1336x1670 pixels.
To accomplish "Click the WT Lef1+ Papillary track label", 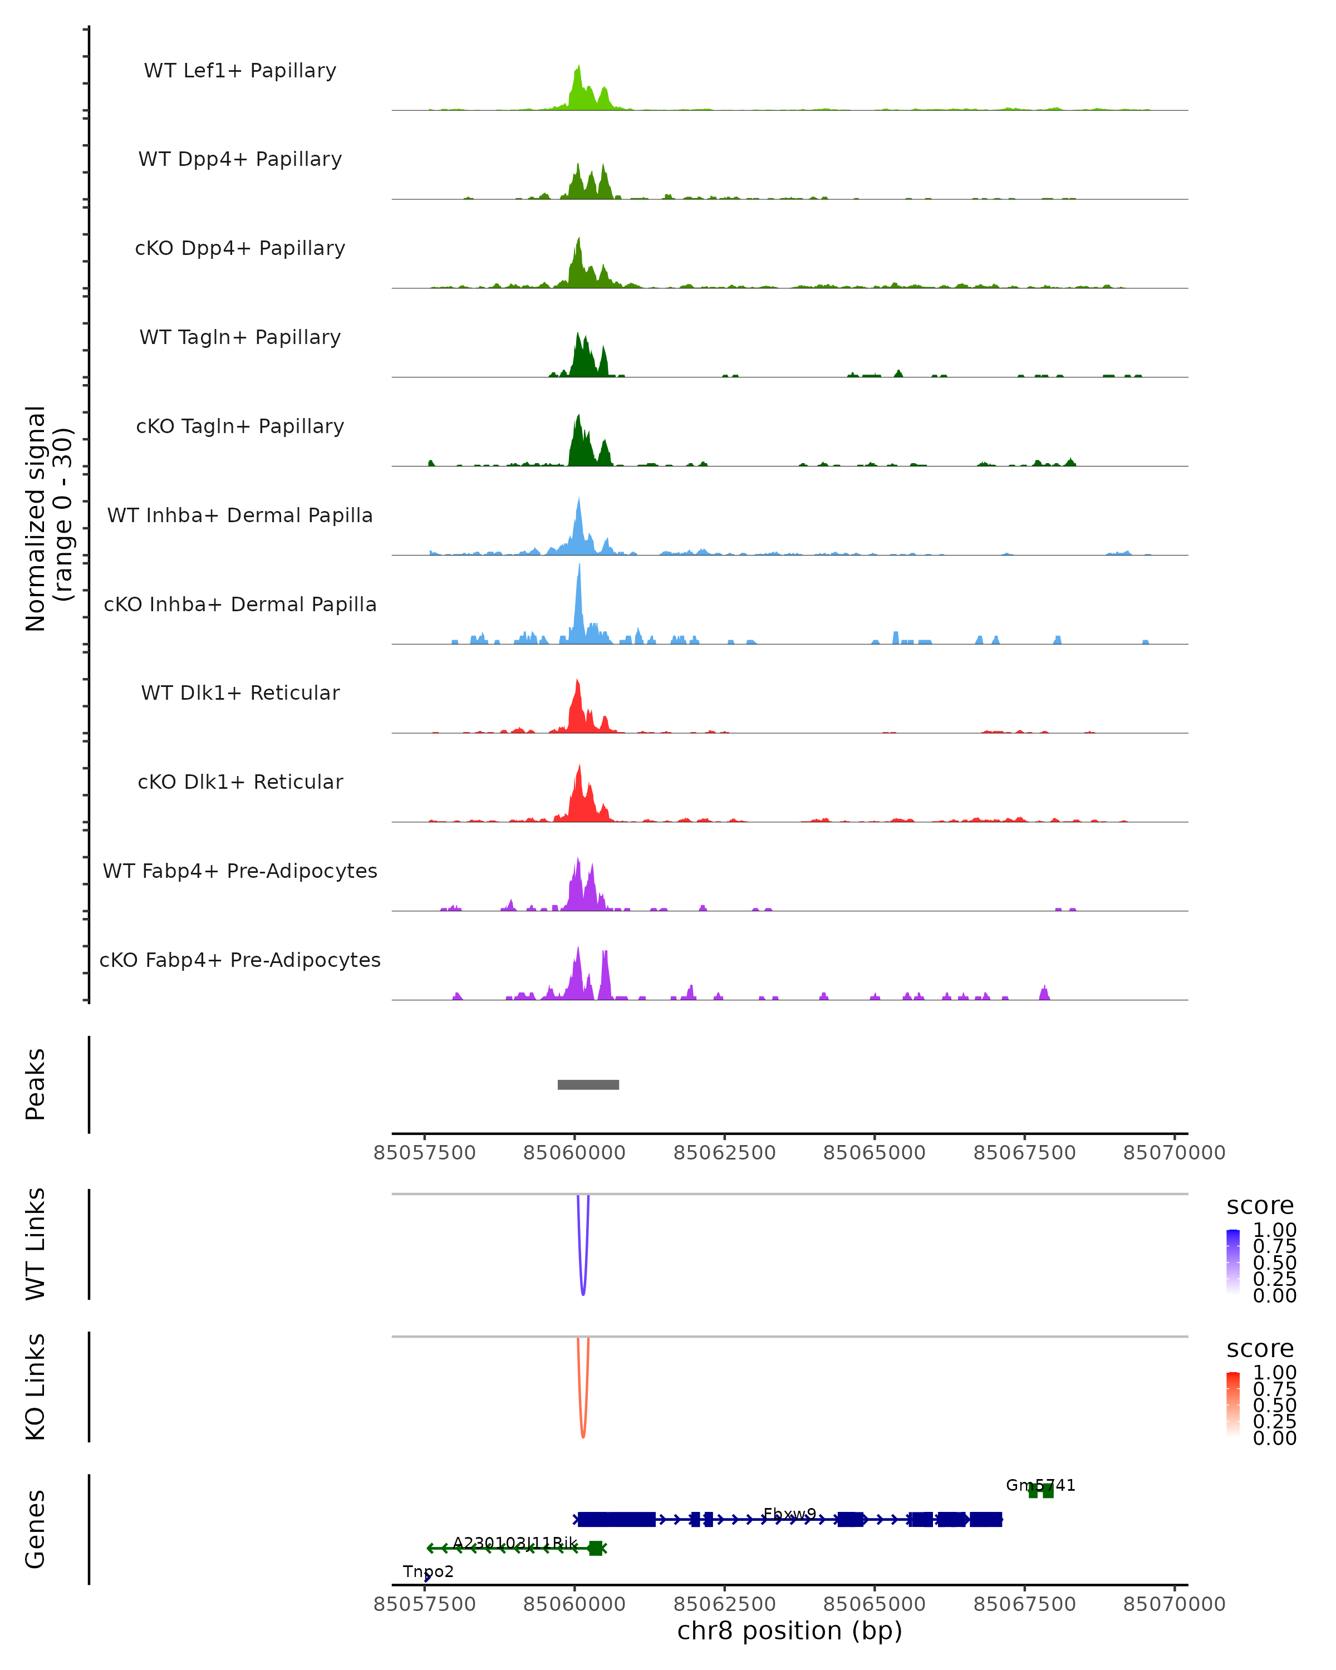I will click(240, 71).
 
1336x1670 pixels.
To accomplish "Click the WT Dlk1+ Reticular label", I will click(240, 692).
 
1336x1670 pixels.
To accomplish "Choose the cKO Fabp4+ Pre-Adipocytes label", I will click(240, 960).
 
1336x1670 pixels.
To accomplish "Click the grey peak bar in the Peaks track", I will click(588, 1084).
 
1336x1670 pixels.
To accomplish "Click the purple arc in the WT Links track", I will click(583, 1290).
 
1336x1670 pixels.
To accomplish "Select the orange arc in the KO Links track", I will click(583, 1432).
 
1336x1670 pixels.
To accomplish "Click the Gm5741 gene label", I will click(1040, 1485).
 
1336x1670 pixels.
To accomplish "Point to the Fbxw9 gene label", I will click(789, 1514).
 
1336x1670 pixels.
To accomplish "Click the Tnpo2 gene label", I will click(428, 1571).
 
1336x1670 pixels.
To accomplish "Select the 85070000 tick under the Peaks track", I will click(1174, 1153).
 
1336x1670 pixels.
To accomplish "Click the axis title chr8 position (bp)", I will click(789, 1630).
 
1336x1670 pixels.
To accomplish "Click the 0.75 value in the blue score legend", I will click(1274, 1246).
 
